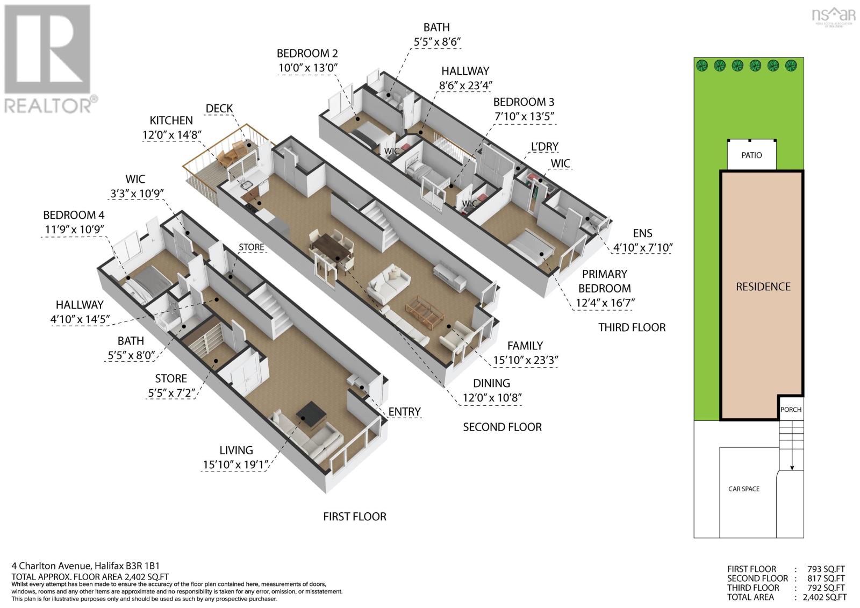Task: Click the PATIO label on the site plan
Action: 751,155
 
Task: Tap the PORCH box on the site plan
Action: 791,407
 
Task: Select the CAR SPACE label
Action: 744,489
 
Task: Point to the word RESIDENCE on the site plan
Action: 763,287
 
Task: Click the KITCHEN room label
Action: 171,120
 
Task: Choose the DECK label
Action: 219,109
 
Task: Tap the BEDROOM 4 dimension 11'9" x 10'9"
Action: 75,230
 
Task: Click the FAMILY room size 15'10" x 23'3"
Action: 525,360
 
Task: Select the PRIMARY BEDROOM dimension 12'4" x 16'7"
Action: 605,303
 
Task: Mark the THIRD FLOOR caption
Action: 632,327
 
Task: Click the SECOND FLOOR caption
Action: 502,427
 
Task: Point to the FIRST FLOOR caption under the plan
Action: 355,517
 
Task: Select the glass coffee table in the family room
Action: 425,311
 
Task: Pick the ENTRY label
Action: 404,412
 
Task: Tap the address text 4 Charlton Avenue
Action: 52,566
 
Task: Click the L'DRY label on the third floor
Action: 544,147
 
